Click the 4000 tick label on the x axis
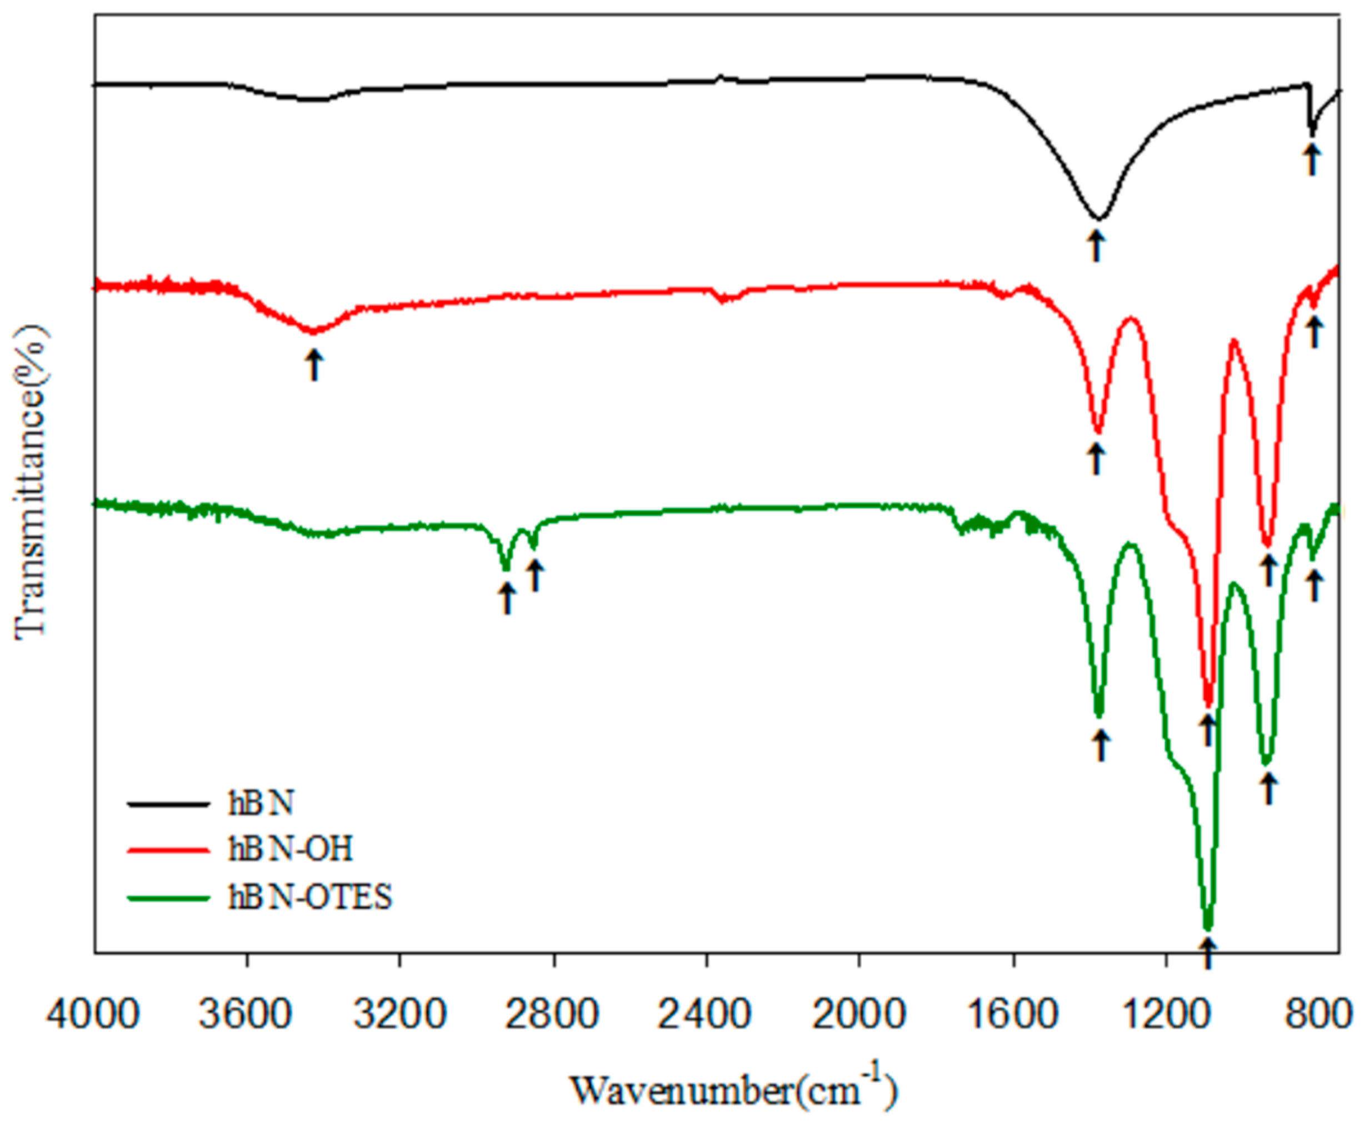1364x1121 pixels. pyautogui.click(x=92, y=1014)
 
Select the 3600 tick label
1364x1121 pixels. pyautogui.click(x=246, y=1014)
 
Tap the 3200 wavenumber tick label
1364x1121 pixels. pyautogui.click(x=399, y=1014)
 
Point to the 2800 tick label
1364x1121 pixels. pyautogui.click(x=553, y=1014)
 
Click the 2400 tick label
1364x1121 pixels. pyautogui.click(x=706, y=1014)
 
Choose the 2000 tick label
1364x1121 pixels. pyautogui.click(x=859, y=1014)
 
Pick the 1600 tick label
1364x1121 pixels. pyautogui.click(x=1013, y=1014)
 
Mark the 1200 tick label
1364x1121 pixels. pyautogui.click(x=1166, y=1014)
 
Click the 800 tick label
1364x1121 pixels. pyautogui.click(x=1317, y=1014)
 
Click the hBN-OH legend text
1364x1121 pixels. pyautogui.click(x=291, y=849)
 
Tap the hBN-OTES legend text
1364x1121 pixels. pyautogui.click(x=310, y=897)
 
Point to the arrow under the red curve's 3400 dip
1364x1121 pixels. pyautogui.click(x=314, y=365)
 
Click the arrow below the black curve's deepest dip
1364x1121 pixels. pyautogui.click(x=1096, y=247)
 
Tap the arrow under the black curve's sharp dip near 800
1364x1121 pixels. pyautogui.click(x=1311, y=159)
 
